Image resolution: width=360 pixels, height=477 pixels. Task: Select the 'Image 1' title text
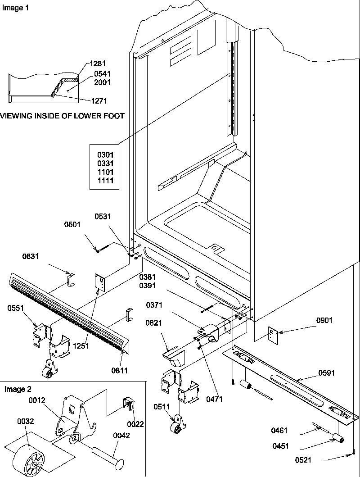(12, 8)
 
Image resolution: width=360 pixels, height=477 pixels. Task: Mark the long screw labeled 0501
(107, 247)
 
